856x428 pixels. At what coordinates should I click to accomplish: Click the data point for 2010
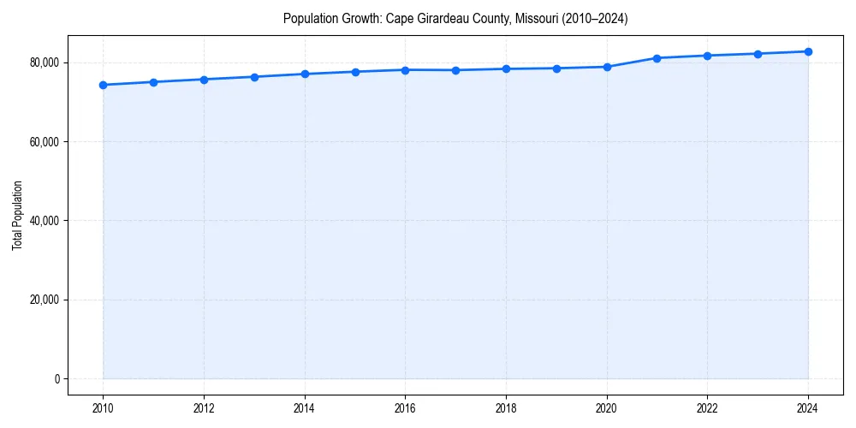[103, 85]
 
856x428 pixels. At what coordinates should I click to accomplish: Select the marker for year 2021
[657, 58]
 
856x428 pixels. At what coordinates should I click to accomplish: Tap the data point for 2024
[808, 51]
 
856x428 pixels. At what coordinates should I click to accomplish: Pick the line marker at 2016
[405, 69]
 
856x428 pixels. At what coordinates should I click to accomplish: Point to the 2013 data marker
[254, 77]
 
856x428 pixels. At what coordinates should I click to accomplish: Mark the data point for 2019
[556, 68]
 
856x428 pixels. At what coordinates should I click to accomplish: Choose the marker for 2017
[455, 70]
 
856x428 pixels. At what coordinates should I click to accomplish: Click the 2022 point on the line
[707, 56]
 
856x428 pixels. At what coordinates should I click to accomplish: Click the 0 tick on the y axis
[57, 378]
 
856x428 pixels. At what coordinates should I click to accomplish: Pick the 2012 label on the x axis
[204, 408]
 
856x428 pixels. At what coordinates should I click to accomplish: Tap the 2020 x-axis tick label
[607, 408]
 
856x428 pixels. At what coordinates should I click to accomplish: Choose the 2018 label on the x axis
[506, 408]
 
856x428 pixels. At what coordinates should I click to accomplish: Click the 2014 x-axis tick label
[305, 408]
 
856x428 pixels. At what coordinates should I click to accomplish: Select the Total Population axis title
[17, 221]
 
